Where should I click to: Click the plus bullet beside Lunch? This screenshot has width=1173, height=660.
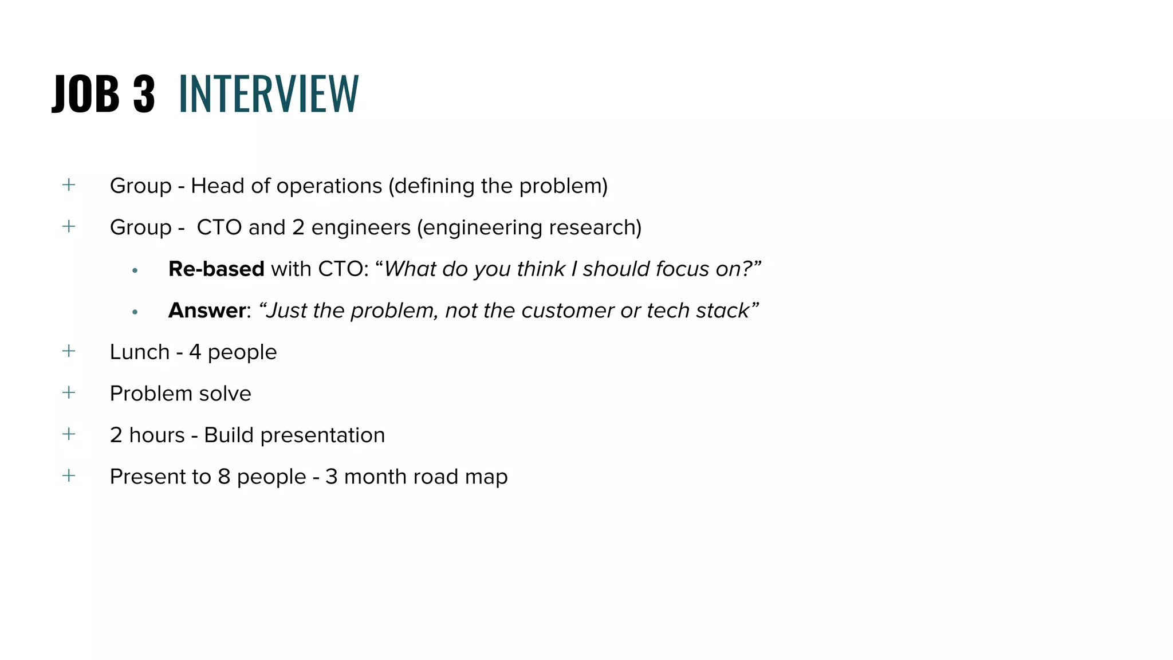69,351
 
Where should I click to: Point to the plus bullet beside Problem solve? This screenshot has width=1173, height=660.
69,392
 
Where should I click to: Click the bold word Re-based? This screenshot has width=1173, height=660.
216,269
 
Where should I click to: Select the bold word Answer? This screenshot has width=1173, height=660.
207,311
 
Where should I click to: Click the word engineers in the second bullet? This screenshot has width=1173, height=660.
361,227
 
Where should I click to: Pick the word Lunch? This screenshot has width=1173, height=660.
139,352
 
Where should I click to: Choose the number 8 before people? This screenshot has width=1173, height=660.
224,477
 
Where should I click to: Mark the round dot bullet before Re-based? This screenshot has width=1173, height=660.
135,270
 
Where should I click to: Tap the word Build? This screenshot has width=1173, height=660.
229,435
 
